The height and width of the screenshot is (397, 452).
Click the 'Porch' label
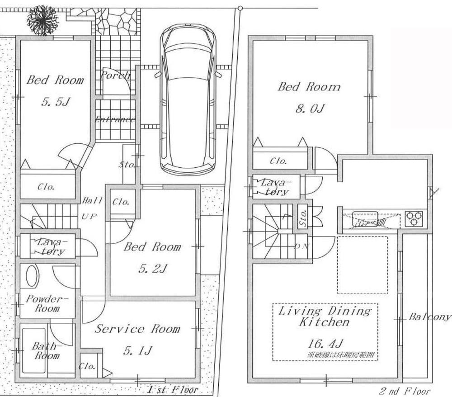click(115, 75)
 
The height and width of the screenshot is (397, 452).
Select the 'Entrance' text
click(115, 119)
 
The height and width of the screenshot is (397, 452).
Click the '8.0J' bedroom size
click(309, 109)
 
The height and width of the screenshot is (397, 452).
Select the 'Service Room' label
click(137, 329)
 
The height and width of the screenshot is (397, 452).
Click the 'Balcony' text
click(429, 317)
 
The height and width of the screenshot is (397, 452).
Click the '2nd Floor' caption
click(404, 391)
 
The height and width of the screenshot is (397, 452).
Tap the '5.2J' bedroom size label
click(153, 269)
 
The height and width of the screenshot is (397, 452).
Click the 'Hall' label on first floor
click(93, 200)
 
